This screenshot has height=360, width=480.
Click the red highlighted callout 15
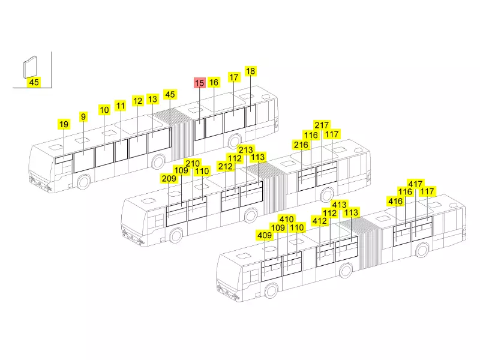199,83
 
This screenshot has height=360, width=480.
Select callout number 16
214,82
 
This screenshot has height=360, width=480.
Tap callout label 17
234,77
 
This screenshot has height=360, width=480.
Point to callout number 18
250,71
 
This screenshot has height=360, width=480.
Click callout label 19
64,124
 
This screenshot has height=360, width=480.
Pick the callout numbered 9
83,116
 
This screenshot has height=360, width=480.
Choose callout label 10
104,110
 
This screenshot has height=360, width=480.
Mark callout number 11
121,106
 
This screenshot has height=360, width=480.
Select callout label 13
152,99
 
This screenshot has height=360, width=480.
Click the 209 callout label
169,178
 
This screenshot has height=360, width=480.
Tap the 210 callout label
193,163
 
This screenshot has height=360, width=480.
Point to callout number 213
246,150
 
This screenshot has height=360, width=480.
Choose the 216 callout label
301,145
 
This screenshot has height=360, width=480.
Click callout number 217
322,125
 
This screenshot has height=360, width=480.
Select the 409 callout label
265,235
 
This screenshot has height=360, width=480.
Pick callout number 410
287,219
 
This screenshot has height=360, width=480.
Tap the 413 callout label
339,205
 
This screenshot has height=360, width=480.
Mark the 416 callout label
395,201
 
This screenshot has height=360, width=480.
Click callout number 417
415,184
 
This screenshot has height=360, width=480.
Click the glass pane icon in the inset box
30,67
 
